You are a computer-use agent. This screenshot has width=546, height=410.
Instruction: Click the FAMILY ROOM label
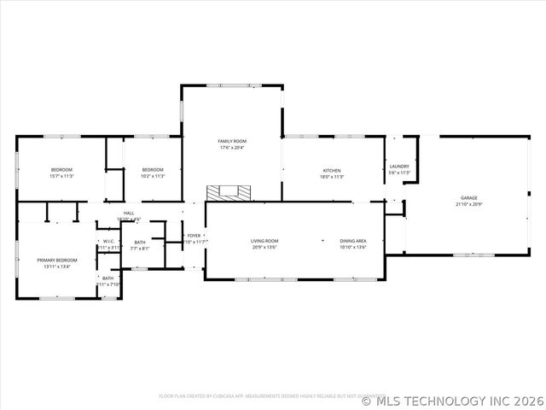pos(231,140)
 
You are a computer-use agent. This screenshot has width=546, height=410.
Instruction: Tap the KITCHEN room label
pos(332,170)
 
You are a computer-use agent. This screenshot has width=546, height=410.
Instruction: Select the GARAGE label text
pos(469,198)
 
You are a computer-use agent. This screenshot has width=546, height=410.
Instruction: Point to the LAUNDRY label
pos(399,167)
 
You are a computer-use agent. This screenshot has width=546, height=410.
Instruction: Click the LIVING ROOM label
pos(264,241)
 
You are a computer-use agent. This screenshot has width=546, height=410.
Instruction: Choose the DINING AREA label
pos(353,241)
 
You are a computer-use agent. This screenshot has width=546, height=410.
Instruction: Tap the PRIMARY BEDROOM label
pos(56,260)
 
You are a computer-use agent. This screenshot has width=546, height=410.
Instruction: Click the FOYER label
pos(195,235)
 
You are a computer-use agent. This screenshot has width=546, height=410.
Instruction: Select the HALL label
pos(129,213)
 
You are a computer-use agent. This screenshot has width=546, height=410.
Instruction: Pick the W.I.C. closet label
pos(108,242)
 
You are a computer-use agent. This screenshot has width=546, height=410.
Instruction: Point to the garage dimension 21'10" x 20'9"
pos(469,205)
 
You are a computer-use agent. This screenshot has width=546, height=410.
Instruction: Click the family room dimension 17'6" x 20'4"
pos(231,147)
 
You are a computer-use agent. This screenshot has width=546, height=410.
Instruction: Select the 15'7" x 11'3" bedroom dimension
pos(61,176)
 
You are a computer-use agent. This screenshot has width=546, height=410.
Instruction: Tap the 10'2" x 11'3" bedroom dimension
pos(152,176)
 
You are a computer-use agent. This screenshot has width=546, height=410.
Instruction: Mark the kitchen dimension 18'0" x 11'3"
pos(332,177)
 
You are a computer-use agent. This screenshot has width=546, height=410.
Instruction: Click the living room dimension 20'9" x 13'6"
pos(264,248)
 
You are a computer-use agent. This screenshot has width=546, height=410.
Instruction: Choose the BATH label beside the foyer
pos(140,243)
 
